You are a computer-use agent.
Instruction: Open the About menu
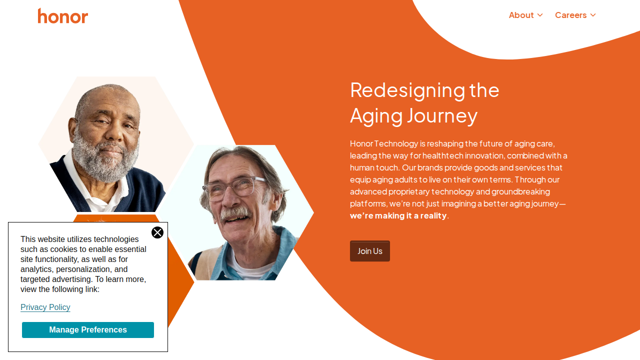coord(525,15)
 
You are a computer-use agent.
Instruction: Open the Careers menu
coord(575,15)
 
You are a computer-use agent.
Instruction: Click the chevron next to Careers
coord(593,15)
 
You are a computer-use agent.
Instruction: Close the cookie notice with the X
coord(157,232)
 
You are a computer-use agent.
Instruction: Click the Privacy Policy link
coord(45,307)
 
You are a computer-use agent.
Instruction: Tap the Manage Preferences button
coord(88,329)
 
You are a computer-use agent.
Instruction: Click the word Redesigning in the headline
coord(407,91)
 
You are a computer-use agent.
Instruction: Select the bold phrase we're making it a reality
coord(398,215)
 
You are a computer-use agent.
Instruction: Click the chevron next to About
coord(540,15)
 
